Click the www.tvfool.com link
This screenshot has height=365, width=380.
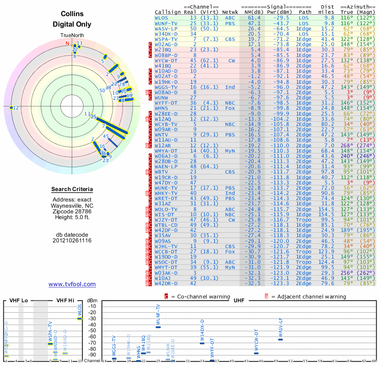[x=72, y=284]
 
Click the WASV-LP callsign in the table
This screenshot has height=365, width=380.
[x=166, y=29]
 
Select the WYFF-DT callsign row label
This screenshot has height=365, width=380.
[x=166, y=102]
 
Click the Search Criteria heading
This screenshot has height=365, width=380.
[x=72, y=190]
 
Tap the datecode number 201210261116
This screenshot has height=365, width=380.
[x=72, y=240]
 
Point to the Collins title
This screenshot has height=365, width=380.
[x=72, y=14]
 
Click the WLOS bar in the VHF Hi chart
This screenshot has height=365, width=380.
[x=80, y=318]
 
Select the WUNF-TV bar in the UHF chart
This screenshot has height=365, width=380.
[x=158, y=327]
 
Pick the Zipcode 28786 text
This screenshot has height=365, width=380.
[x=72, y=211]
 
